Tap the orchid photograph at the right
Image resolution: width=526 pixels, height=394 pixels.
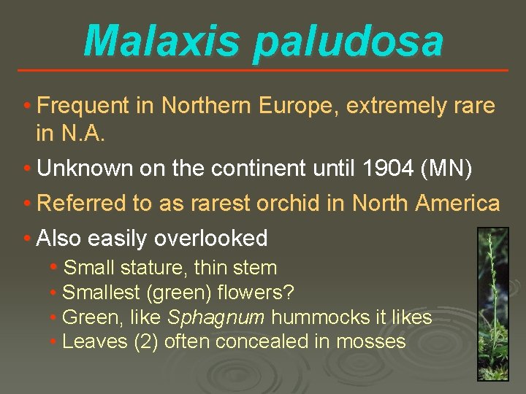(x=492, y=303)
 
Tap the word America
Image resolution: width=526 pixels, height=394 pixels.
(x=457, y=204)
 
